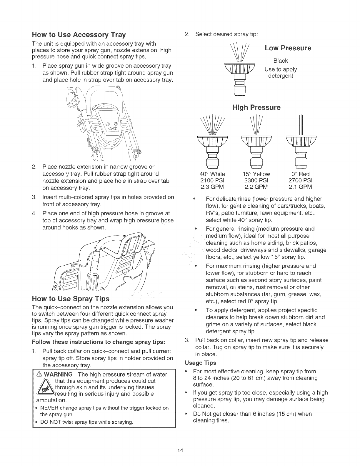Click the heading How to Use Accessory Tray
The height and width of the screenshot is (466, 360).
pos(79,35)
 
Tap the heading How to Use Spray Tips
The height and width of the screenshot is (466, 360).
pos(70,299)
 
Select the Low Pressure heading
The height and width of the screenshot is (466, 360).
pos(288,48)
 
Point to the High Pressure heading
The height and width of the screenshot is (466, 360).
pos(256,107)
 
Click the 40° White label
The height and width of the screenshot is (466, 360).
pos(212,174)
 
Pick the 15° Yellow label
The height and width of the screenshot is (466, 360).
pos(256,174)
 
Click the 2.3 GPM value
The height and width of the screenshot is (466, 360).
pos(212,187)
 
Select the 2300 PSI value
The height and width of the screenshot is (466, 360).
pos(256,180)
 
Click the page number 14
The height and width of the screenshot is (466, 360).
pos(180,450)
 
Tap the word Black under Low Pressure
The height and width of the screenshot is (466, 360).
pos(280,61)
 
